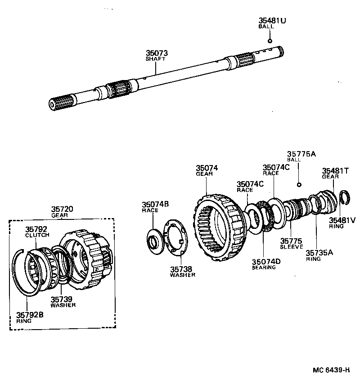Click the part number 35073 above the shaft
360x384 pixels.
[156, 53]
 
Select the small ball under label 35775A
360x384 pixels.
[298, 184]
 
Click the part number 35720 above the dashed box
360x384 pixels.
[62, 209]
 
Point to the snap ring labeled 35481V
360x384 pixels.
[345, 196]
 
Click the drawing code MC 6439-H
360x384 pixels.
[331, 370]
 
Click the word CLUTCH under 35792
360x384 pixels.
[37, 235]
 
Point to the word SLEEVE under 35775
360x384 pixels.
[292, 247]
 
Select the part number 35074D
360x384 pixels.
[266, 262]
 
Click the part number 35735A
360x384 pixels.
[319, 253]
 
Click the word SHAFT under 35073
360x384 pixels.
[156, 59]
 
